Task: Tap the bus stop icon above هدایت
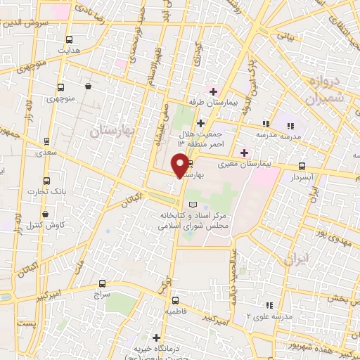68,40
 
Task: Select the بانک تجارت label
42,191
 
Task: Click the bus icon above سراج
95,286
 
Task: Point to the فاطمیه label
175,310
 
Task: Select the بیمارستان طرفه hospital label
226,102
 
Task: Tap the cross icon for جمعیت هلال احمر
200,123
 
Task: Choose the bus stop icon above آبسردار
302,167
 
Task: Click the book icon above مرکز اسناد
193,203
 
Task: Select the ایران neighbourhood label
295,259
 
